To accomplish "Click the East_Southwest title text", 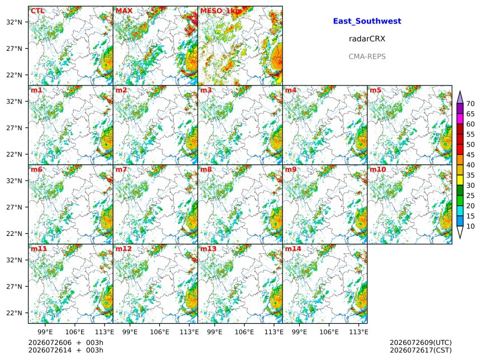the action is coord(367,21).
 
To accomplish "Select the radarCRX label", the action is coord(367,39).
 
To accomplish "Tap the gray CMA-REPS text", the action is coord(367,56).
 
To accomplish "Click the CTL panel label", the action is coord(37,11).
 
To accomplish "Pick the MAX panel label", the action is coord(124,11).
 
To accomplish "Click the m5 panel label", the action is coord(375,90).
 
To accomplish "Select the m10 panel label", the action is coord(378,169).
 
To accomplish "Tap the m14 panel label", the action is coord(293,249).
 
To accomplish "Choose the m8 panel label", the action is coord(206,169).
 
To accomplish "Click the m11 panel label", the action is coord(39,249).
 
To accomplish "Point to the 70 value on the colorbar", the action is coord(470,103).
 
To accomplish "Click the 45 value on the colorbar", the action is coord(470,155).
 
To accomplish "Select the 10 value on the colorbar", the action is coord(470,226).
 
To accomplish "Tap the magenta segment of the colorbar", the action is coord(460,119).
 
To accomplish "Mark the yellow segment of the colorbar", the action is coord(460,180).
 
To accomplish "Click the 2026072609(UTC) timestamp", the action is coord(421,343).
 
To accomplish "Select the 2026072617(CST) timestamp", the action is coord(421,350).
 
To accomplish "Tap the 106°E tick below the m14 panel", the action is coord(329,332).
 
